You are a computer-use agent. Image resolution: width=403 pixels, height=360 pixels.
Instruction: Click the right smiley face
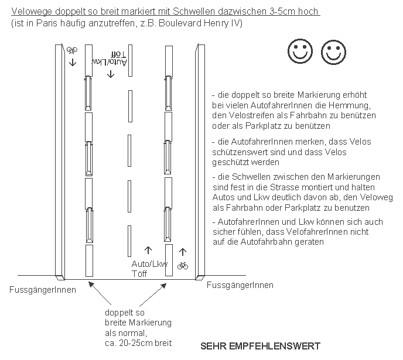332,52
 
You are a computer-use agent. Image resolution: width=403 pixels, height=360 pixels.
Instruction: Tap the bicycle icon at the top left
73,50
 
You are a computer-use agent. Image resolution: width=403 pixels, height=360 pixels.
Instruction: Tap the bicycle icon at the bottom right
183,265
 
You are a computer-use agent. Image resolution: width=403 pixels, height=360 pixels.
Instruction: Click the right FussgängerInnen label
241,285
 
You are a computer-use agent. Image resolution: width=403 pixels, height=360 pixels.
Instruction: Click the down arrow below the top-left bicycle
73,61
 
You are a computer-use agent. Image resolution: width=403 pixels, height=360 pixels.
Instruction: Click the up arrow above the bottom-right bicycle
183,252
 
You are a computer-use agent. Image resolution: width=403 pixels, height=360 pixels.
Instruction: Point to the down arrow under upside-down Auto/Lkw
111,74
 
